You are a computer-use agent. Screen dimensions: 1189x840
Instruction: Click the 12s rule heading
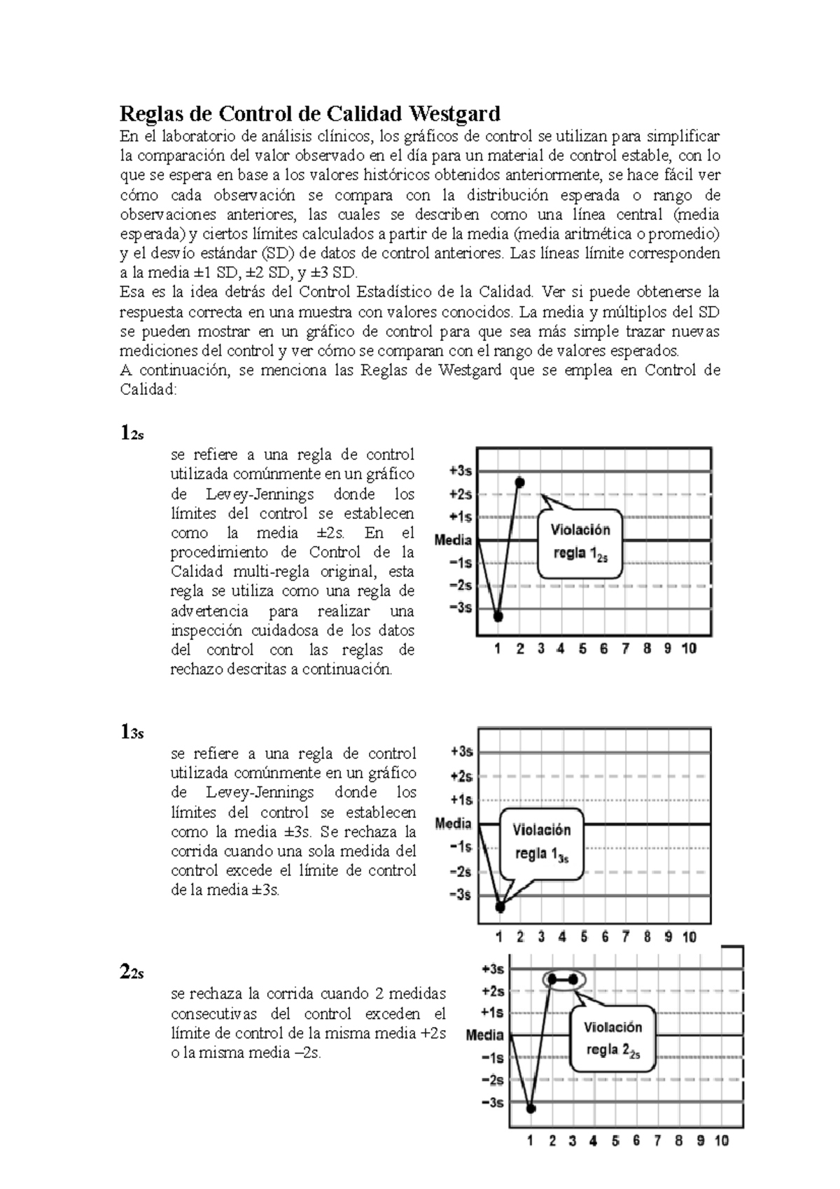132,433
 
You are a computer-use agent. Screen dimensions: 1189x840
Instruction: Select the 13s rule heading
132,732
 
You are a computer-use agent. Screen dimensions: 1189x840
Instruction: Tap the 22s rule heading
132,972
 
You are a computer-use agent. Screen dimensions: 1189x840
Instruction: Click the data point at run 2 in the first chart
519,482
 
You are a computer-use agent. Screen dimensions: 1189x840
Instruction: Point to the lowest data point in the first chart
498,616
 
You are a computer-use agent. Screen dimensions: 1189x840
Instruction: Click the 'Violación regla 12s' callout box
580,542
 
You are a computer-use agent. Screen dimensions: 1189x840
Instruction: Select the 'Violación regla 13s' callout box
542,842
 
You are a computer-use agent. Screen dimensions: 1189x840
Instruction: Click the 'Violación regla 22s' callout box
613,1038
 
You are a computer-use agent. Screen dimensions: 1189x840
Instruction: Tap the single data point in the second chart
500,907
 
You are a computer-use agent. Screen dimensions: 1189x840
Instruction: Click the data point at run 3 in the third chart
573,979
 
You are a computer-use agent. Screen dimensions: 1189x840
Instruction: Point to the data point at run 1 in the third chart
531,1108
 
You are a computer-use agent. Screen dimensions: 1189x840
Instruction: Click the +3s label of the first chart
460,471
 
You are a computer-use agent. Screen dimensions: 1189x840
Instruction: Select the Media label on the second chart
453,823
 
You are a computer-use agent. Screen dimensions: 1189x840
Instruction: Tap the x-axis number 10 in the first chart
689,648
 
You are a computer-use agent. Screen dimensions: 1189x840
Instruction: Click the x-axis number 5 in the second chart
584,936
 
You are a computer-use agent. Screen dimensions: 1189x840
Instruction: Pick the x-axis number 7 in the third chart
657,1141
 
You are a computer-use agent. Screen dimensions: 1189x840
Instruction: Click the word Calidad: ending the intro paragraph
149,389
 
